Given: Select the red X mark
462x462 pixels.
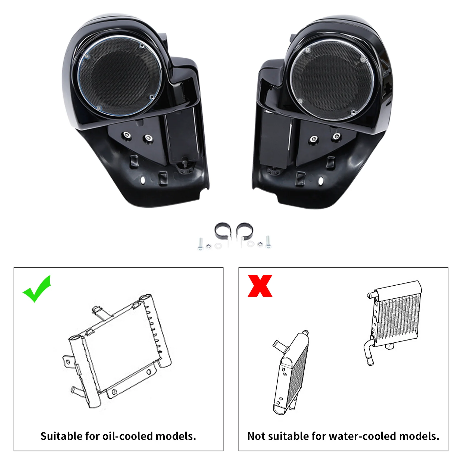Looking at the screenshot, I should (x=260, y=286).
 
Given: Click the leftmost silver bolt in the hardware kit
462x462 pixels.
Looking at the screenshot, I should (x=200, y=244).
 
